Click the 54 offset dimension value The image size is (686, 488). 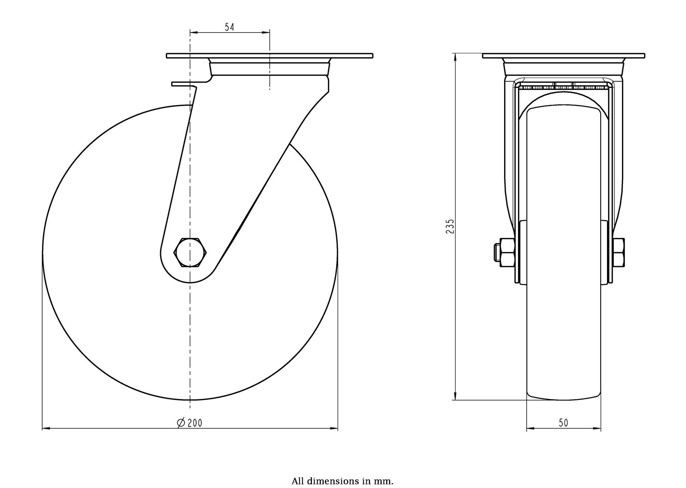point(229,27)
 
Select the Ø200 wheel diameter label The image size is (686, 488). point(190,423)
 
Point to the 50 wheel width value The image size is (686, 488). point(563,423)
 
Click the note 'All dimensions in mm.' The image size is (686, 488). point(342,481)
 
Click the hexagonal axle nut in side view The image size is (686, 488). point(190,252)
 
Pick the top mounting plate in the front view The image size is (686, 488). point(563,56)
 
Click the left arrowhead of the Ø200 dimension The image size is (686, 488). point(46,428)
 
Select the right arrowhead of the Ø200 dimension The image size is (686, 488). point(334,428)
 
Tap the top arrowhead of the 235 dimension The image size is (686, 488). point(455,57)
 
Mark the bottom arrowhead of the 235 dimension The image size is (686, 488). point(455,396)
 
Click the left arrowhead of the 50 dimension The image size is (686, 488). point(531,428)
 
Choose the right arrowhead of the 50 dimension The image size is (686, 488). point(597,428)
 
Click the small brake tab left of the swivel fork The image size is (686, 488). point(184,84)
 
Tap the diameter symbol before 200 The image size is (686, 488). point(181,423)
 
